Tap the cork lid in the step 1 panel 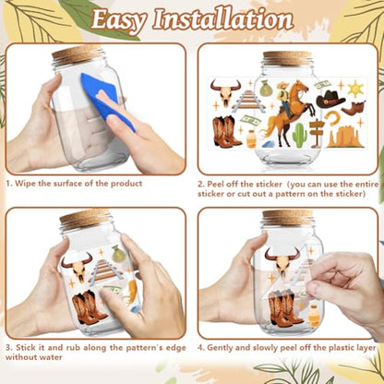point(78,54)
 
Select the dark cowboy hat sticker point(330,99)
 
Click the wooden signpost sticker point(317,132)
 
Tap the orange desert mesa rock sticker point(346,137)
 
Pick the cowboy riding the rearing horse point(289,113)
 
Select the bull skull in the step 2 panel point(225,92)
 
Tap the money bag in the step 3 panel point(118,254)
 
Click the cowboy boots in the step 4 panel point(284,307)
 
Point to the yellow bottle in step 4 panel point(315,316)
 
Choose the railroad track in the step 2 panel point(248,101)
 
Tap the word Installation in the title point(222,19)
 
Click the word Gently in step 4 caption point(223,348)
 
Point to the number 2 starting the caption point(200,185)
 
